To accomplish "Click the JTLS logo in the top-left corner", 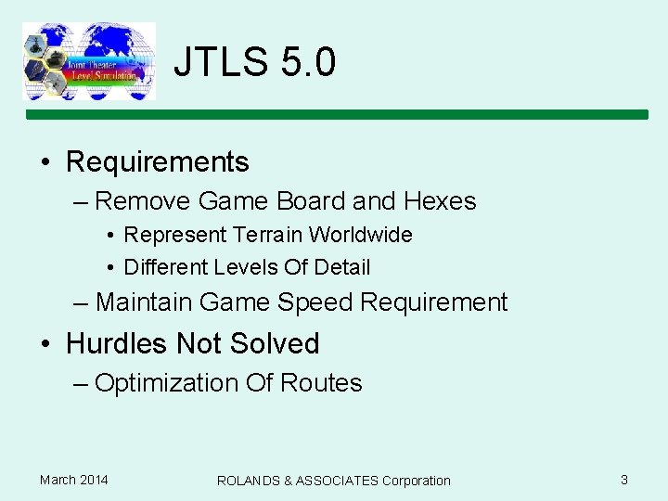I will tap(88, 61).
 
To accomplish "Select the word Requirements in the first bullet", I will tap(158, 162).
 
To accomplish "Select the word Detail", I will tap(342, 267).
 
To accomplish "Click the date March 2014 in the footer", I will tap(73, 480).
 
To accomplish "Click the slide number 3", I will tap(624, 480).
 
